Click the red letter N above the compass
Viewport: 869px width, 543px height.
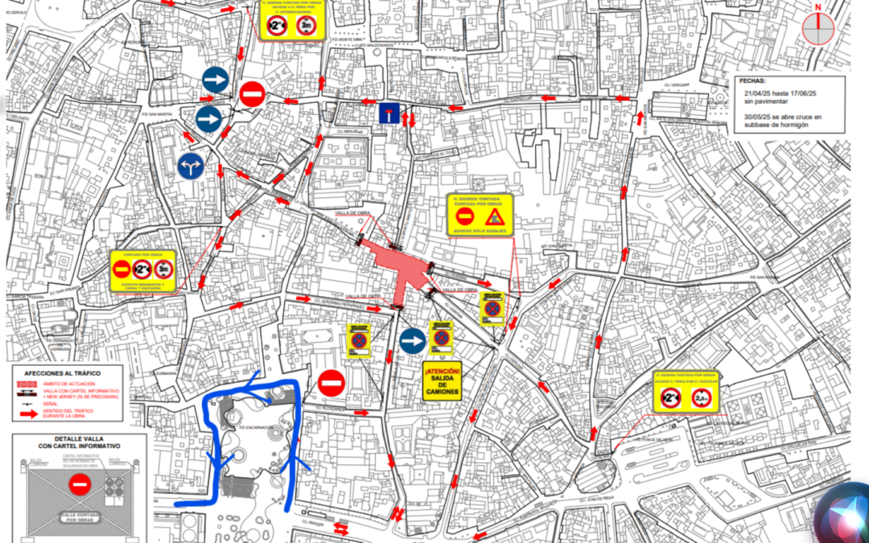click(818, 8)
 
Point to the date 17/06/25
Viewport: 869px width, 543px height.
click(800, 94)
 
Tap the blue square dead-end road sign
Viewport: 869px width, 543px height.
click(389, 113)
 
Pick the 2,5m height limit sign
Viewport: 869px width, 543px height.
click(703, 397)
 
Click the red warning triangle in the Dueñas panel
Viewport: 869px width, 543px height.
click(494, 216)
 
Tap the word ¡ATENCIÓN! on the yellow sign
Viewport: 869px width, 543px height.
click(443, 371)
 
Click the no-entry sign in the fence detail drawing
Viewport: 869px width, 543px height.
click(79, 484)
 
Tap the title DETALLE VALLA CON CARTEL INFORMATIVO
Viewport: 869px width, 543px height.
click(79, 441)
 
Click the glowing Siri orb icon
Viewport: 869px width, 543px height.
click(840, 513)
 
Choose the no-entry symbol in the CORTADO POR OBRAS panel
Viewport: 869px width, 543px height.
click(121, 269)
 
